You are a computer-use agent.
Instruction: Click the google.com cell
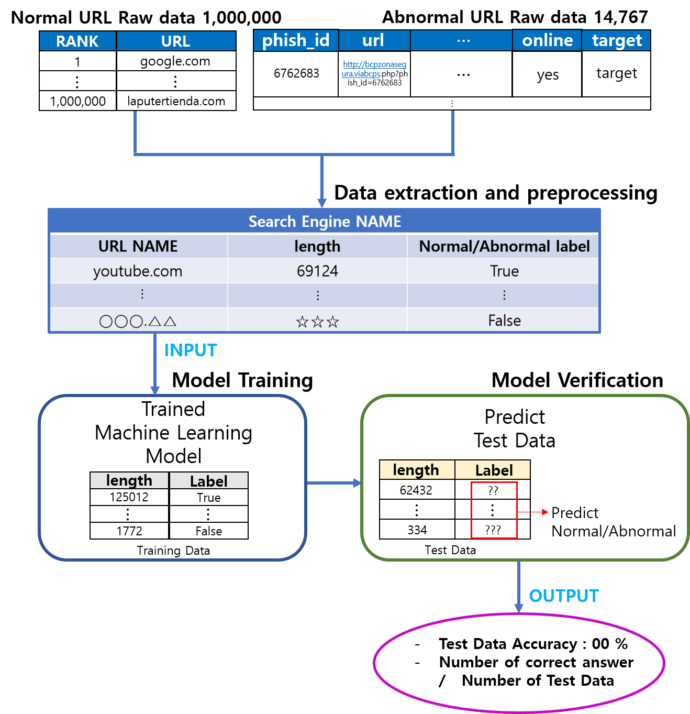coord(175,61)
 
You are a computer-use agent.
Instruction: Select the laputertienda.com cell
coord(176,101)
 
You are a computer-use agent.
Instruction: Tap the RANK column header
coord(77,41)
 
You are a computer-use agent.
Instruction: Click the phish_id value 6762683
coord(296,73)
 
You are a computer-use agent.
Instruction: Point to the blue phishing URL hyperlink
coord(374,69)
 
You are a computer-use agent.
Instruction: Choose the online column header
coord(547,40)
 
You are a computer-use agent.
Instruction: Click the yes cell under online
coord(548,74)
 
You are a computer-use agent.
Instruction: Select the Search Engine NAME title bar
coord(325,221)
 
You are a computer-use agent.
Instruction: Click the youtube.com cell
coord(138,271)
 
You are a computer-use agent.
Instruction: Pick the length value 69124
coord(317,271)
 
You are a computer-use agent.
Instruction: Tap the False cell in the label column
coord(504,321)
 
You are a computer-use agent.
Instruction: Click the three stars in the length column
coord(317,322)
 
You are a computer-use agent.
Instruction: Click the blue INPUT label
coord(190,350)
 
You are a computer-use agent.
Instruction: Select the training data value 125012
coord(129,497)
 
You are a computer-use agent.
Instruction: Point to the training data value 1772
coord(129,531)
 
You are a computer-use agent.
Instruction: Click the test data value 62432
coord(416,490)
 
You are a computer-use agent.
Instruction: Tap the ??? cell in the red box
coord(493,530)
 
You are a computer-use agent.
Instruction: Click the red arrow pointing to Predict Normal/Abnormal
coord(532,512)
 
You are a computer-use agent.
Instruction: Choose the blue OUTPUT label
coord(564,596)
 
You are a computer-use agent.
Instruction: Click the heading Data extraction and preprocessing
coord(496,193)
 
